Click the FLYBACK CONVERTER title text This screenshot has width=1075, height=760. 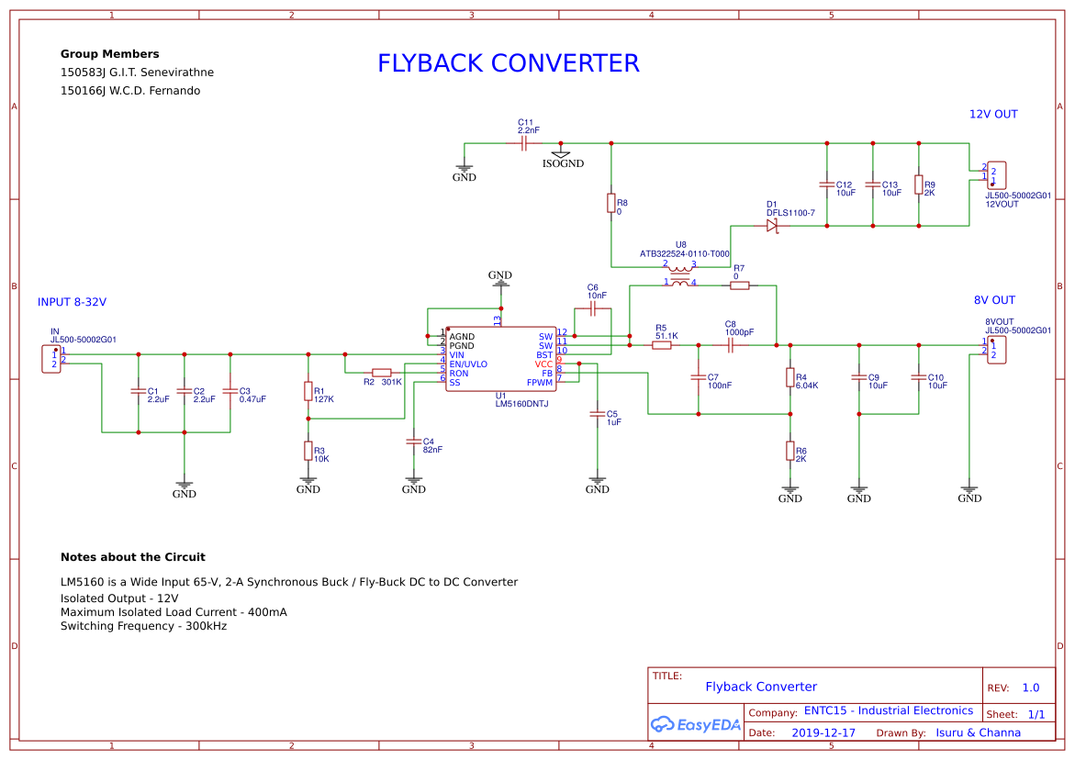pos(508,63)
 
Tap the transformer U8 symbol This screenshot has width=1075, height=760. pos(679,274)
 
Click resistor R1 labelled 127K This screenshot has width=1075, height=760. pos(308,392)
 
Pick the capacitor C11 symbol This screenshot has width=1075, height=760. pos(523,143)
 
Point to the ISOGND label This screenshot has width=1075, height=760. pos(562,164)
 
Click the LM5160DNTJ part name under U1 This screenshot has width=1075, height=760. pos(521,404)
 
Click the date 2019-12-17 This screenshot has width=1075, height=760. pos(823,732)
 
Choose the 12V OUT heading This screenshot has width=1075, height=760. pos(993,115)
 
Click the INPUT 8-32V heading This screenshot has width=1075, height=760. pos(79,302)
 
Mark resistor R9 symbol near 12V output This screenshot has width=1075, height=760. pos(918,184)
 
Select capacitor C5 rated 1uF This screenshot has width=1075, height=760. pos(597,415)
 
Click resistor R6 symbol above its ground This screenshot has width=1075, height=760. pos(789,450)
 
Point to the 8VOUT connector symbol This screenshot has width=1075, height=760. pos(997,350)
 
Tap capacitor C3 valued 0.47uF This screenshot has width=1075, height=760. pos(230,392)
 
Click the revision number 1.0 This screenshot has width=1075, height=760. pos(1030,687)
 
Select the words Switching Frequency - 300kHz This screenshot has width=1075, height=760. pos(143,626)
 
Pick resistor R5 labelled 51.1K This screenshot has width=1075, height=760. pos(661,345)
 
